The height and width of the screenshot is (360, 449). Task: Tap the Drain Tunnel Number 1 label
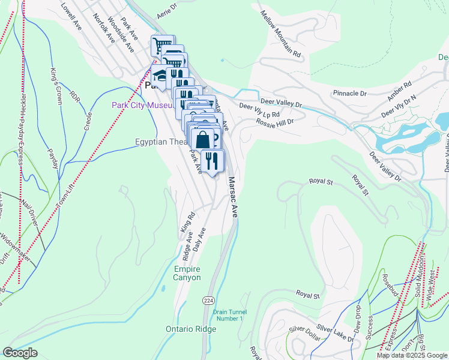[228, 314]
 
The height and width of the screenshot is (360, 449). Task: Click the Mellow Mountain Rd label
[280, 33]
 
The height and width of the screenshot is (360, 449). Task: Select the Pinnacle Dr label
[349, 94]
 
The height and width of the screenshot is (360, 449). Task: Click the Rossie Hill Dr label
[274, 122]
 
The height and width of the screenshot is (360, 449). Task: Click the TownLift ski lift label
[67, 191]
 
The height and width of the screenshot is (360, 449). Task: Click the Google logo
[20, 353]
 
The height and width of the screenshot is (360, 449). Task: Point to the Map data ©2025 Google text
[412, 355]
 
